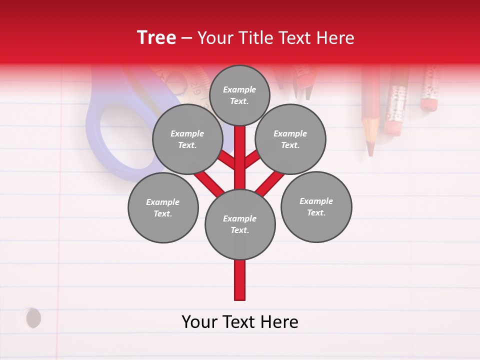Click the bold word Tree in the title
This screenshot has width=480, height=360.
156,37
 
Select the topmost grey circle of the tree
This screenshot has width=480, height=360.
239,95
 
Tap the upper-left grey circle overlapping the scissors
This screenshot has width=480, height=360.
187,139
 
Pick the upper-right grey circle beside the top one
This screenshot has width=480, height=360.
290,139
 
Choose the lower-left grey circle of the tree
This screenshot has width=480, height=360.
163,207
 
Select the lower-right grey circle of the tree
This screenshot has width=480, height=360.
316,206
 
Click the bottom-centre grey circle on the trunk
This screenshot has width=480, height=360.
240,224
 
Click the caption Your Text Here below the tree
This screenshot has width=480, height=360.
240,321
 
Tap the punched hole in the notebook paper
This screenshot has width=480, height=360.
33,317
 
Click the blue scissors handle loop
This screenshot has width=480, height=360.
120,135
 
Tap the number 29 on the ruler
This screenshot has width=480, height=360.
195,91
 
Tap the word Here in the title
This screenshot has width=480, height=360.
336,38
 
